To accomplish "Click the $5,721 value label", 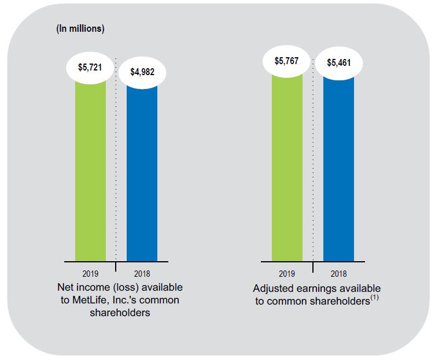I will (x=90, y=67).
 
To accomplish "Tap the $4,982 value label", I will (x=142, y=72).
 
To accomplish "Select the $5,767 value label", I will (x=287, y=61).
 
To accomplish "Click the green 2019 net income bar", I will (x=90, y=173).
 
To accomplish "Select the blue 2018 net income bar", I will (x=142, y=173).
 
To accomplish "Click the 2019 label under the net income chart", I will (x=90, y=274).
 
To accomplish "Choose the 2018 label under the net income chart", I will (x=142, y=274).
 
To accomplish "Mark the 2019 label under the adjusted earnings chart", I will (x=287, y=274).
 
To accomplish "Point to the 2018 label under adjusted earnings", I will (x=338, y=274).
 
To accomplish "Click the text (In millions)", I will (x=80, y=29).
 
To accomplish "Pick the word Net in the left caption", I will (x=65, y=287).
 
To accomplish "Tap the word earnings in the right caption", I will (x=315, y=288).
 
